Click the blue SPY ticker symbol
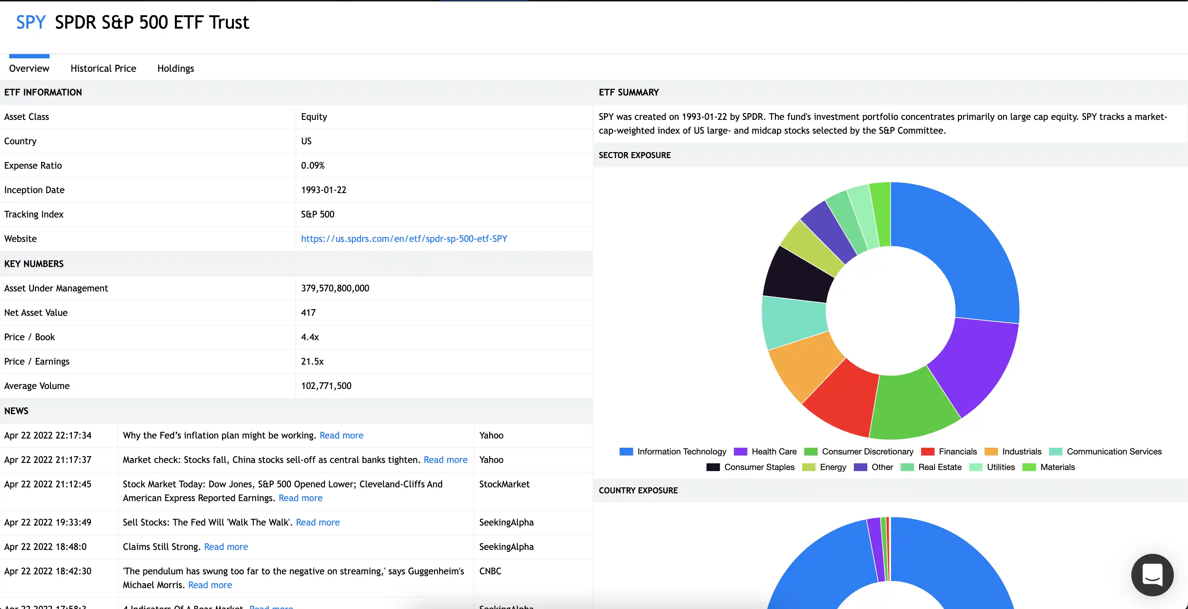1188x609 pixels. click(30, 22)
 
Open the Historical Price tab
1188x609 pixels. click(103, 68)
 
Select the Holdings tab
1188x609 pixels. click(175, 68)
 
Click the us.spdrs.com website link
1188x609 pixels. click(404, 239)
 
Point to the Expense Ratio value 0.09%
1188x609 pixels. click(313, 166)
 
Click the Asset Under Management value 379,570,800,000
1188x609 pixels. click(335, 288)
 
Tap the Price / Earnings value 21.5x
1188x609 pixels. click(312, 361)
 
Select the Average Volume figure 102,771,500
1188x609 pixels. click(326, 385)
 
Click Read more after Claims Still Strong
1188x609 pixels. click(226, 546)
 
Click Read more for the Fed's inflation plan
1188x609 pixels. click(341, 435)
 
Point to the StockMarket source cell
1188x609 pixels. click(504, 484)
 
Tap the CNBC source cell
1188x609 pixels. click(490, 571)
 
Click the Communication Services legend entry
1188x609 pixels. click(1106, 452)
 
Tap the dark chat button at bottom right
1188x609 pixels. click(1152, 575)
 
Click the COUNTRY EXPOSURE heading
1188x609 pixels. click(638, 491)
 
